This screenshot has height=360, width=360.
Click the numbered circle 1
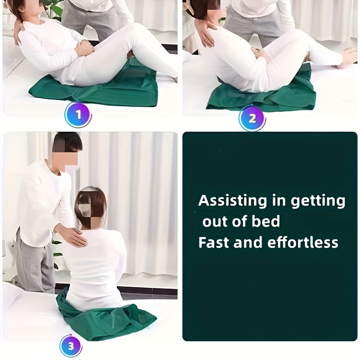(78, 114)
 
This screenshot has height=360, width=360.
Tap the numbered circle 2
(252, 118)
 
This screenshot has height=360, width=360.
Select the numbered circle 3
(71, 346)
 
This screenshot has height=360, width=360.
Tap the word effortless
(303, 242)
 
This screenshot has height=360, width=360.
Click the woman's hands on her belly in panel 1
(86, 46)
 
